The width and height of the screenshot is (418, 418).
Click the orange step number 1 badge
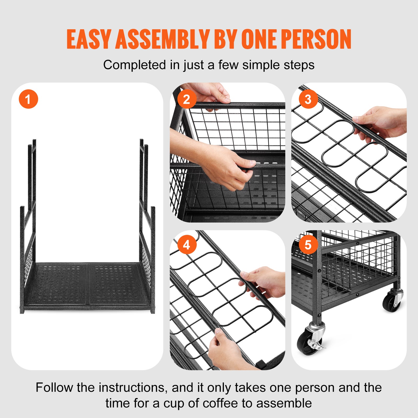click(28, 99)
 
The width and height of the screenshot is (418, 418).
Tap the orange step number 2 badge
click(187, 99)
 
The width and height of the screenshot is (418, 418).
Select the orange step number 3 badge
click(308, 99)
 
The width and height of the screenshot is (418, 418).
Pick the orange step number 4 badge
click(187, 245)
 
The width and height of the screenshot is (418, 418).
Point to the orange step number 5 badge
click(308, 245)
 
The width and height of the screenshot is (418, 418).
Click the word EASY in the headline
click(89, 39)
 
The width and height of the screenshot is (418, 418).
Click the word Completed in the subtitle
click(135, 65)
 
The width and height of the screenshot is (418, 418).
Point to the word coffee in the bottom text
click(221, 403)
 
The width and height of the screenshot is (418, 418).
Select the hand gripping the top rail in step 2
click(209, 93)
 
